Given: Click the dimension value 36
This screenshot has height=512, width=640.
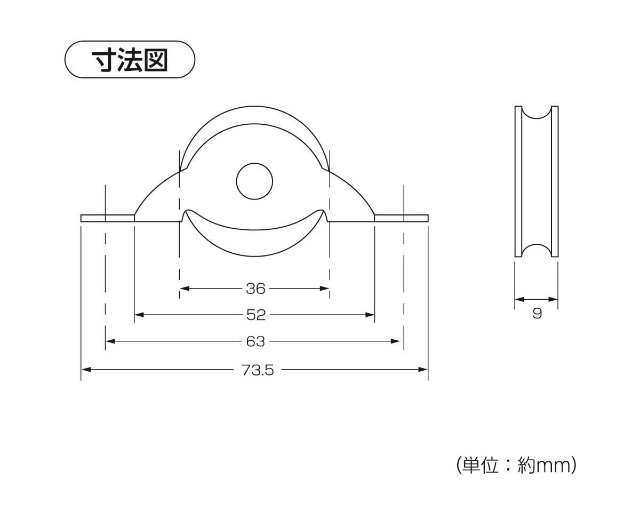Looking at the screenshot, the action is pos(255,289).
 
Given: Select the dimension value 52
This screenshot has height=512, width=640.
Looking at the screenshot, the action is pos(256,315).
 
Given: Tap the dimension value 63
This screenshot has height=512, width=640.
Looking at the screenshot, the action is pos(255,341).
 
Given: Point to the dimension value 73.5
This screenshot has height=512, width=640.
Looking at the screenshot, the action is pos(258,370).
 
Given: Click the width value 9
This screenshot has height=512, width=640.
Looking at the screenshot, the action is pos(537,313).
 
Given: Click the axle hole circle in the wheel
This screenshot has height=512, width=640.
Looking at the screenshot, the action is pos(254,181).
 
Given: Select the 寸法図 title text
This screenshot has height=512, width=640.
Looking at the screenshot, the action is pos(130,60).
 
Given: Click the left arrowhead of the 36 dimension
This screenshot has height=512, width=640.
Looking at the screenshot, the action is pos(185,289).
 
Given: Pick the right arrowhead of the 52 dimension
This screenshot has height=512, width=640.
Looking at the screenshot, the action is pos(370,315).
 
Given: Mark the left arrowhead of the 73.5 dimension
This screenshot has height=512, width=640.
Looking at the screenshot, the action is pos(86,370).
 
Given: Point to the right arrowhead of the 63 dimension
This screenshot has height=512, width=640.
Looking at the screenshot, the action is pos(395,341).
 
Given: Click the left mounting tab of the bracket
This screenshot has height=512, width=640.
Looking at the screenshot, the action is pos(108,218).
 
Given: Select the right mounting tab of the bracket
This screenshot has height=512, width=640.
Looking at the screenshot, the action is pos(401,218).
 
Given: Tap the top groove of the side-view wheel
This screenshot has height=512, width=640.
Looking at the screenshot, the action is pos(537,113).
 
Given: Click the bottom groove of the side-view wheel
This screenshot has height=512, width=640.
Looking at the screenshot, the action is pos(537,251).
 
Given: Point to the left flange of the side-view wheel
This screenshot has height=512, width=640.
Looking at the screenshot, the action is pos(518,181).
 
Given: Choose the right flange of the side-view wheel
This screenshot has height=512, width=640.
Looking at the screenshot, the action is pos(555,181).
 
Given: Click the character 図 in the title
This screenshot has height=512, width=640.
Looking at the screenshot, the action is pos(156,60).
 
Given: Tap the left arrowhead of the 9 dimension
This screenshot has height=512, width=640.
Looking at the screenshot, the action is pos(520,299).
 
